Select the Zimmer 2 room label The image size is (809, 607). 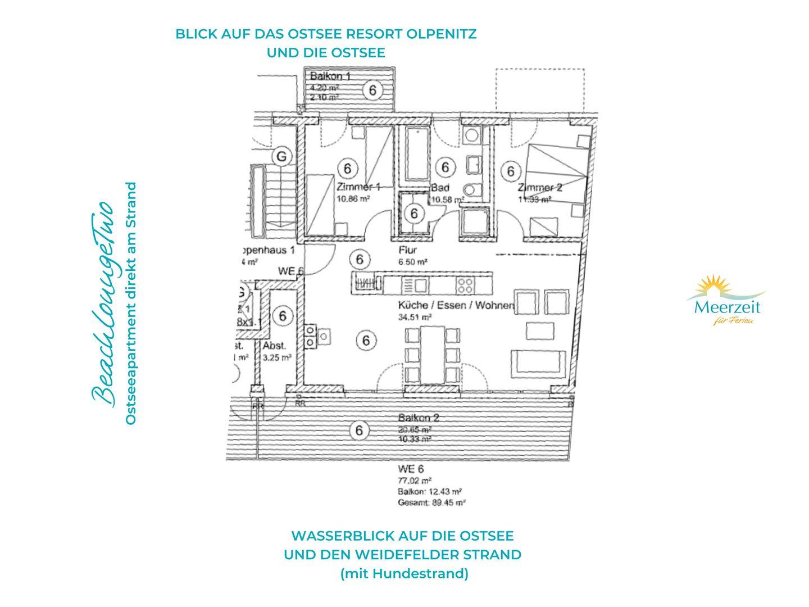click(x=539, y=188)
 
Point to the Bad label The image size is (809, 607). click(x=438, y=188)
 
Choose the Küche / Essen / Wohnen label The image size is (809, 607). click(x=456, y=306)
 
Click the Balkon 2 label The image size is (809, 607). click(x=419, y=418)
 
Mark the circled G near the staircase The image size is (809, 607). click(x=281, y=156)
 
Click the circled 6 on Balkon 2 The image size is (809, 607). click(x=359, y=431)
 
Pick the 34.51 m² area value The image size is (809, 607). click(x=415, y=317)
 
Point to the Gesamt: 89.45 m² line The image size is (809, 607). click(x=431, y=503)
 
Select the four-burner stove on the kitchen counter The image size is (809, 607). click(x=464, y=283)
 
